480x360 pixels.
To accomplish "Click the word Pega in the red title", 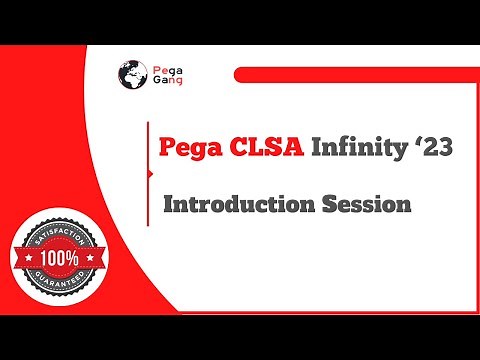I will [190, 147].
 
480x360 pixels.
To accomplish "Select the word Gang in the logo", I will [166, 84].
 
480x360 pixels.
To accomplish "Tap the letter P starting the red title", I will [169, 147].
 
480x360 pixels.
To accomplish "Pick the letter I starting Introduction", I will [168, 204].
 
